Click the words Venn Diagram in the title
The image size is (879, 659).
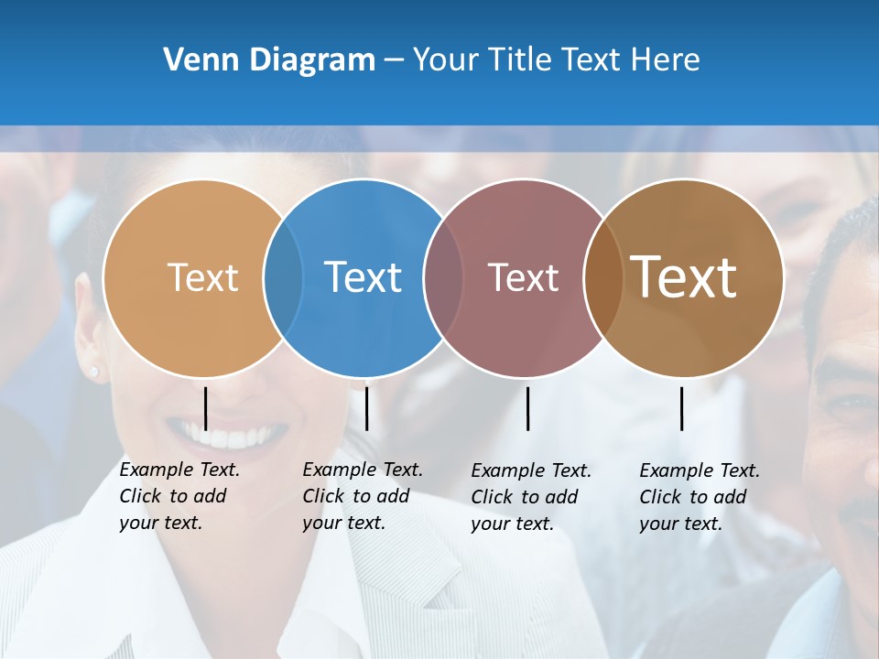click(x=269, y=60)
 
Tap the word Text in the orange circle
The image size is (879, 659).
click(x=202, y=277)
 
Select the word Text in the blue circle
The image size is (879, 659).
click(x=363, y=277)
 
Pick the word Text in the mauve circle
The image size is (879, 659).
click(x=523, y=277)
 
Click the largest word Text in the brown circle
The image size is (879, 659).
click(x=683, y=277)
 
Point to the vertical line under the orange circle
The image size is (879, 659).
click(x=206, y=408)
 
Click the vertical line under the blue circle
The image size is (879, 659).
click(x=366, y=408)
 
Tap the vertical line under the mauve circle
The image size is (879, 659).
click(x=527, y=408)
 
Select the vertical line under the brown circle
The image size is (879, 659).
click(x=681, y=408)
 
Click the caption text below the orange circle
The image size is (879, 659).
click(x=179, y=496)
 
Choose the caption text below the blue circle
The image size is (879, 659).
click(x=363, y=496)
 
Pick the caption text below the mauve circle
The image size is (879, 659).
click(x=531, y=497)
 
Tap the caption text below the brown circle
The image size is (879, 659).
click(x=700, y=497)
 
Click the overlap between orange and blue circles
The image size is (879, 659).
click(x=283, y=277)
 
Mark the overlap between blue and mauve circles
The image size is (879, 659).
click(x=443, y=277)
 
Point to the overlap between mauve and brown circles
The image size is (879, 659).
click(x=602, y=277)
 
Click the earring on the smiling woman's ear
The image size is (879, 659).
click(x=94, y=371)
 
